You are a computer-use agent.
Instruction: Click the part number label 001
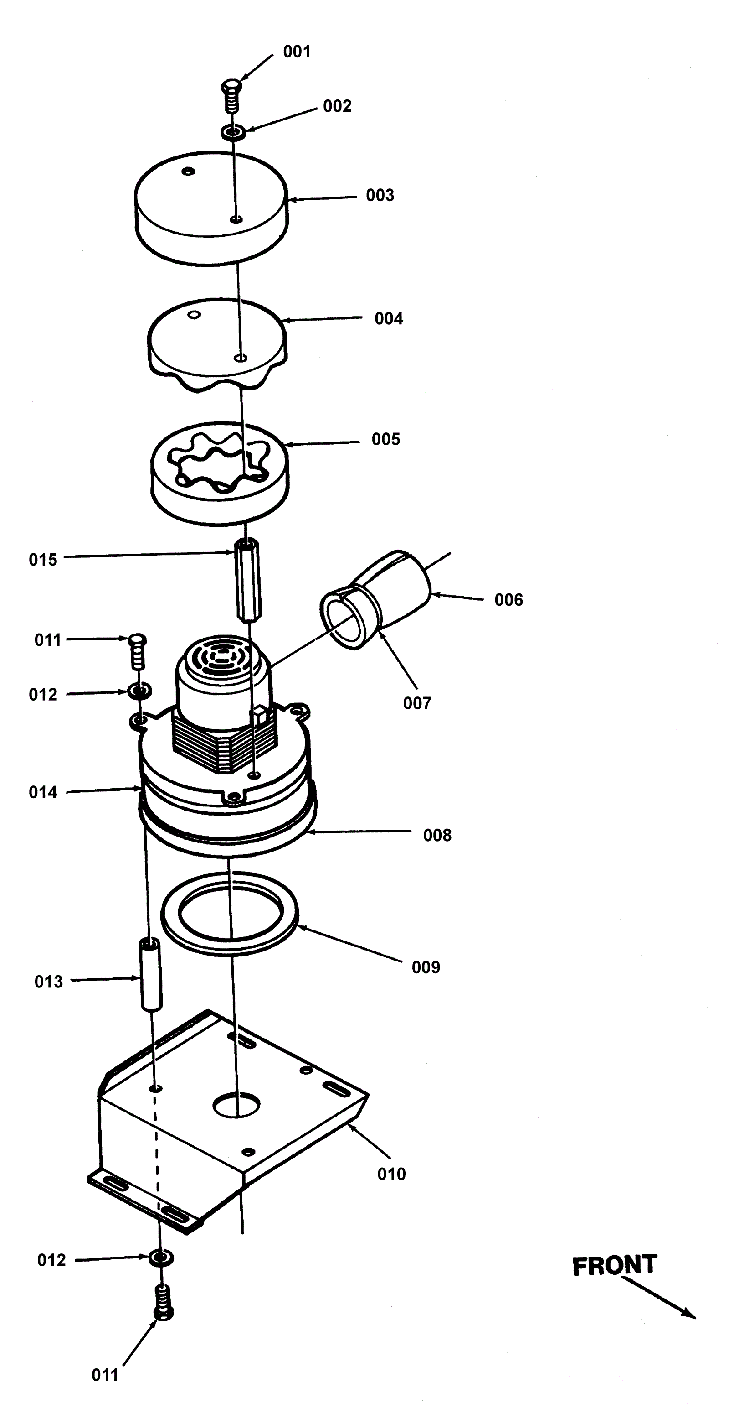[297, 52]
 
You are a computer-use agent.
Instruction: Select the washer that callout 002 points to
[233, 133]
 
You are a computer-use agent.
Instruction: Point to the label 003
[380, 195]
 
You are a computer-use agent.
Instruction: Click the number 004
[389, 318]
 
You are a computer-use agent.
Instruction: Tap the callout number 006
[508, 600]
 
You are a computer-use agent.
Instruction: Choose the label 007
[417, 703]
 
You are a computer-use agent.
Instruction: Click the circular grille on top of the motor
[223, 657]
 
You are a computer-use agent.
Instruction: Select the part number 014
[43, 792]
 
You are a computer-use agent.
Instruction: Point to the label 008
[437, 835]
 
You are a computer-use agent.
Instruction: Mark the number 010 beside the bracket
[391, 1174]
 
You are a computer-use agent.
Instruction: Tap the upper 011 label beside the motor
[48, 639]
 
